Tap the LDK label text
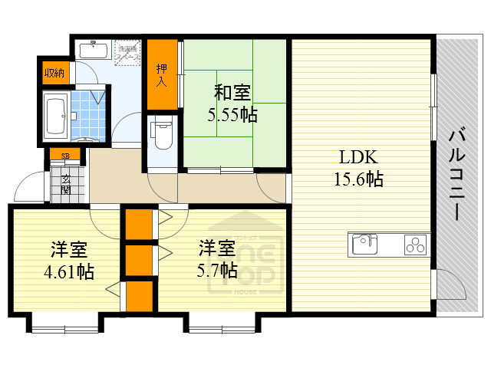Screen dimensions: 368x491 point(358,158)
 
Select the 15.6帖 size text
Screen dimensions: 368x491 point(358,179)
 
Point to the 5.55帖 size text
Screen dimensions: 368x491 point(232,115)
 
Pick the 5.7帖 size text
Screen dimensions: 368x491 point(216,271)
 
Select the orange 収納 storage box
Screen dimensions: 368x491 point(54,73)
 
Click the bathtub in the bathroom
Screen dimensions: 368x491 point(54,117)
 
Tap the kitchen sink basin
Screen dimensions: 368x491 point(364,245)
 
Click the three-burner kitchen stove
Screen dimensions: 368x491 point(414,245)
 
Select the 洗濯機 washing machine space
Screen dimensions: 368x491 point(129,54)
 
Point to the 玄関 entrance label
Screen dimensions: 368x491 point(65,184)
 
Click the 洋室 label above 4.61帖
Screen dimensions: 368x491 point(68,250)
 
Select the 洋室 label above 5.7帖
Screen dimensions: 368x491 point(216,248)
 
